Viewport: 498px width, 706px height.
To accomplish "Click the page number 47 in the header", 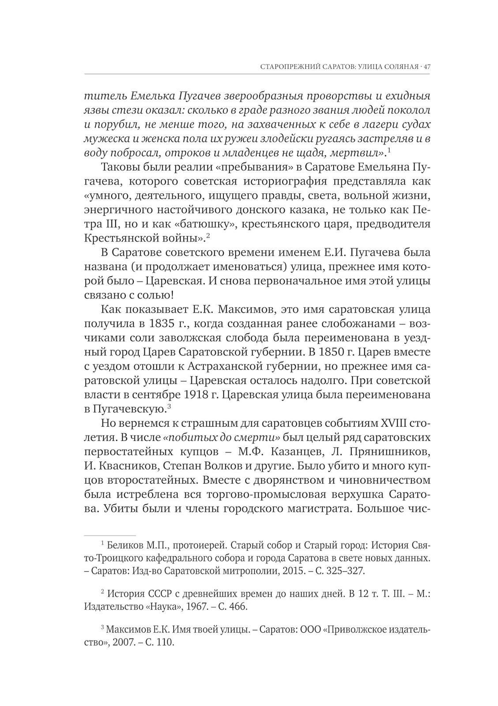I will coord(426,67).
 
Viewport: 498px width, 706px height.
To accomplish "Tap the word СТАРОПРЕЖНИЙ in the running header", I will coord(288,67).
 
